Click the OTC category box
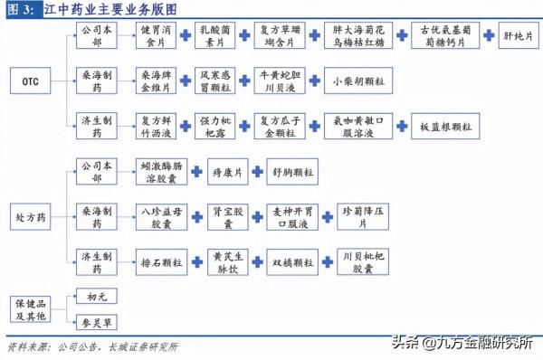30,81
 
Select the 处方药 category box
30,216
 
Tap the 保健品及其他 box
30,307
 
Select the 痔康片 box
224,171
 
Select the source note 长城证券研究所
144,346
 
